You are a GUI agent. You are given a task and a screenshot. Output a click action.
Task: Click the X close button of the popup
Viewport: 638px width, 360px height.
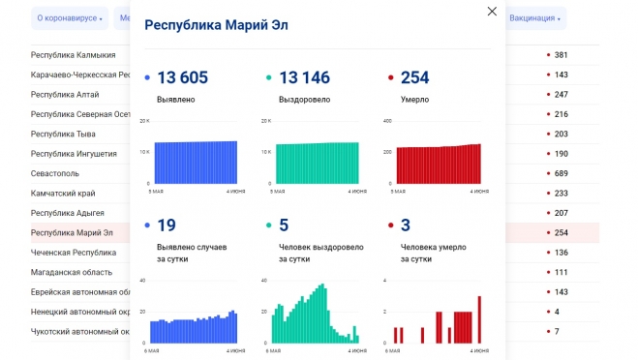(492, 12)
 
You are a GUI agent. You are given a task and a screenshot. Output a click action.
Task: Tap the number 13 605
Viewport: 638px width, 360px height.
(182, 78)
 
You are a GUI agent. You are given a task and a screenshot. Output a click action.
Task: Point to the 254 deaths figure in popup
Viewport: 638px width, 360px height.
(414, 78)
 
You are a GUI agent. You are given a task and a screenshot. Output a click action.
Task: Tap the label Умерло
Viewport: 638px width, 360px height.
(415, 99)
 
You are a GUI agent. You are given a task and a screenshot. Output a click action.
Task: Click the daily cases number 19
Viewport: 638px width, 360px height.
(166, 225)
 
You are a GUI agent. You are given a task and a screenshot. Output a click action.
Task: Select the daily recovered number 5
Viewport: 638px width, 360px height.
(283, 225)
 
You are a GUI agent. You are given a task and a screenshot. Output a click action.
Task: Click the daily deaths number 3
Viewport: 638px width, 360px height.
(405, 225)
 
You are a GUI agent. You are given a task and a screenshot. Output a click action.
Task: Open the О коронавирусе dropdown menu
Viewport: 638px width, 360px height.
(69, 18)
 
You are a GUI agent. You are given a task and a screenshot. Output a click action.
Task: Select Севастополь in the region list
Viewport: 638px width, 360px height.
(59, 173)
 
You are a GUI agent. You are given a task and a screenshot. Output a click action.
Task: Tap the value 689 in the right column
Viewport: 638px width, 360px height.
(561, 173)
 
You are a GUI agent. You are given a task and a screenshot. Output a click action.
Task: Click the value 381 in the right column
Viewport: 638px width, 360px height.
(561, 55)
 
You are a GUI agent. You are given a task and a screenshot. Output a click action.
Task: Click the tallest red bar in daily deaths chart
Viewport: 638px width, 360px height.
(479, 319)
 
